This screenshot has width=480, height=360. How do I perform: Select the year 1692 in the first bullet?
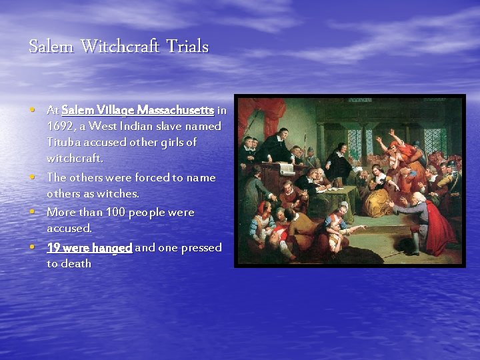[x=59, y=126]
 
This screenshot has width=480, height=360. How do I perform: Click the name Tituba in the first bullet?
[x=63, y=142]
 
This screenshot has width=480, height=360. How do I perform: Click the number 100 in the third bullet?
[x=114, y=212]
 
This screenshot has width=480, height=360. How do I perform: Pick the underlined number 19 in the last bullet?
[x=53, y=247]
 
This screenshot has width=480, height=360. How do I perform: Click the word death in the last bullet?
[x=76, y=263]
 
